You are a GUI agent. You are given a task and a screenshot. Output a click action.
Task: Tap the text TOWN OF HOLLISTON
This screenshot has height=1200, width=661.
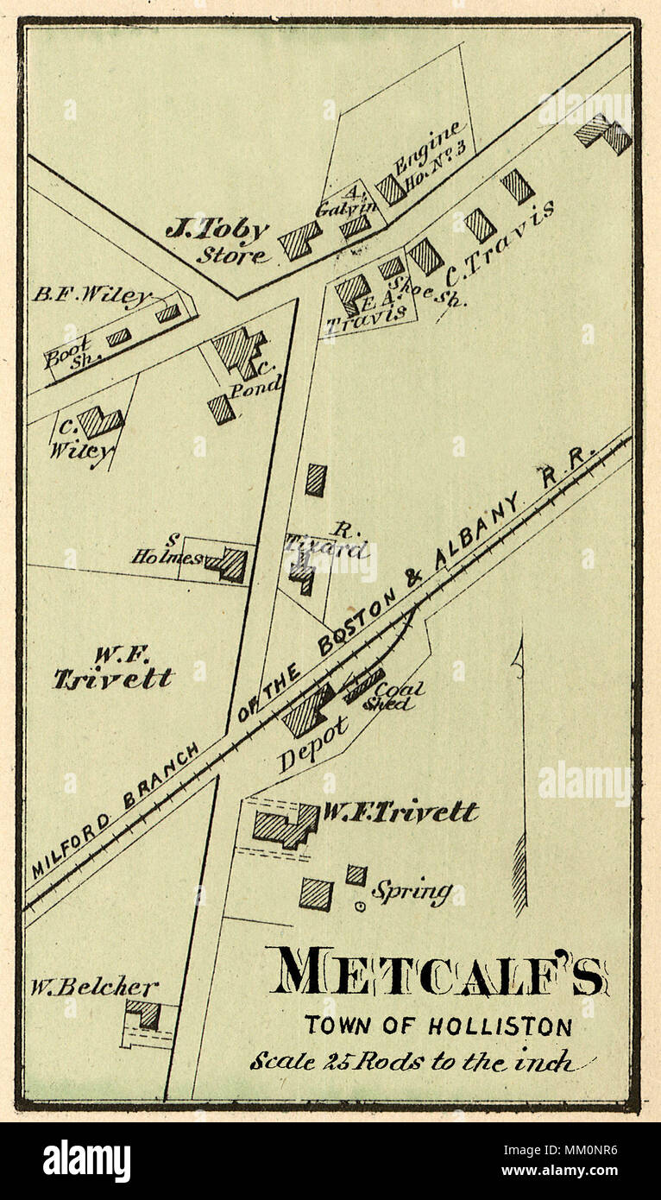tap(437, 1026)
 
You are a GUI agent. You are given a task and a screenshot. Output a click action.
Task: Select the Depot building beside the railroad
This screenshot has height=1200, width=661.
tap(307, 711)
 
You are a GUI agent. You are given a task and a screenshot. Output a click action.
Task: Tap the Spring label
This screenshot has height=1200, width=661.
tap(411, 890)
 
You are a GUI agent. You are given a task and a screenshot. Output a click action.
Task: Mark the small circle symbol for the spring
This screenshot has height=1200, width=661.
tap(360, 906)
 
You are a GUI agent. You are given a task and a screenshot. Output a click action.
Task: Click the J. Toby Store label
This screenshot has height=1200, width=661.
tap(217, 241)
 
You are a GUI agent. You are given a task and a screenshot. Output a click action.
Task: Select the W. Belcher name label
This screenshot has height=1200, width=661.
tap(95, 987)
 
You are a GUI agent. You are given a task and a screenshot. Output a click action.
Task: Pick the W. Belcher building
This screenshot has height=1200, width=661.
tap(143, 1014)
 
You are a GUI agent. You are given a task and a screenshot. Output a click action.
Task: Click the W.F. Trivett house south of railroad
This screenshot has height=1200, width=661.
tap(286, 826)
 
